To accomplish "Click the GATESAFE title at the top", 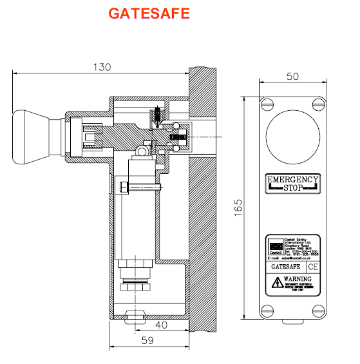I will tap(148, 14).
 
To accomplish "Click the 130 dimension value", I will tap(102, 66).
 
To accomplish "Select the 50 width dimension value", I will tap(292, 77).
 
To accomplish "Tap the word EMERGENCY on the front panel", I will tap(292, 180).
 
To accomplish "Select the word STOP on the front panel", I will tap(292, 188).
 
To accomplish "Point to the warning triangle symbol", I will tap(276, 282).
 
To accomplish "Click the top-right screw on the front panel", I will tap(316, 102).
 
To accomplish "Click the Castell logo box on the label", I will tap(274, 247).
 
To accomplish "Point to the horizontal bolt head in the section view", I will tap(123, 187).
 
